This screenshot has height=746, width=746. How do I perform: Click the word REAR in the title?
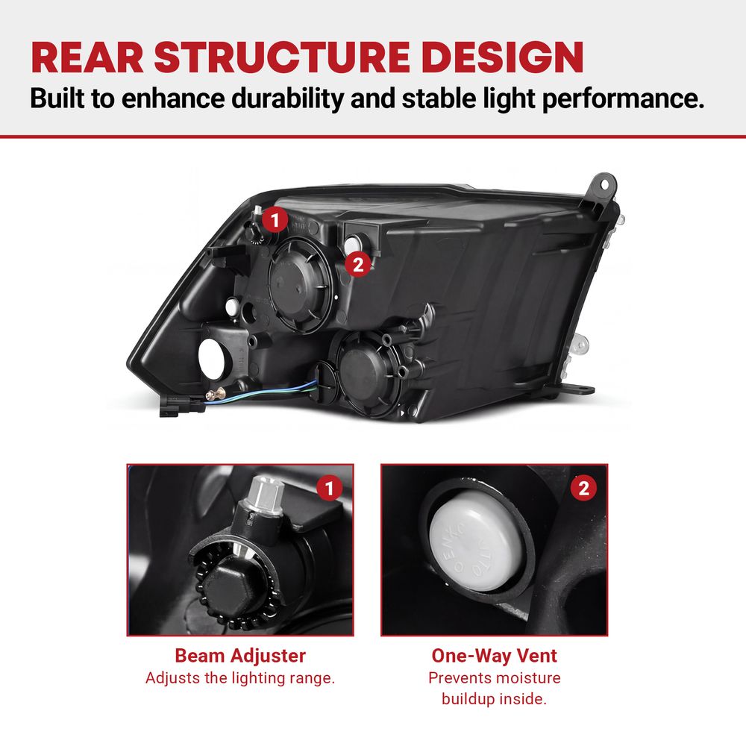(87, 57)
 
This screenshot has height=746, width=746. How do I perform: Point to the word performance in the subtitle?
(624, 98)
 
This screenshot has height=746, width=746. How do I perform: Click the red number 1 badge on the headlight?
(275, 220)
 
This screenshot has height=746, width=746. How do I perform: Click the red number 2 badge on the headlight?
(358, 264)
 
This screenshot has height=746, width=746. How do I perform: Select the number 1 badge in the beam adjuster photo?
(329, 487)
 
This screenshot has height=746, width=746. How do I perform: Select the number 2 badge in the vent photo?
(583, 487)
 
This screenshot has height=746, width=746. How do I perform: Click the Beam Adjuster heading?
(240, 656)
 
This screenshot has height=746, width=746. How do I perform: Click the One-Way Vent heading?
(494, 656)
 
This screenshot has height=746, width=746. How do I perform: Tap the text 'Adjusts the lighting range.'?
(240, 678)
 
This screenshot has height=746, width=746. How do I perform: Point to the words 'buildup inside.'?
(494, 699)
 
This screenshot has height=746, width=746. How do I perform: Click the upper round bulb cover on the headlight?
(300, 285)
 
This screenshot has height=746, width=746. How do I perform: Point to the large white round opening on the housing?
(213, 359)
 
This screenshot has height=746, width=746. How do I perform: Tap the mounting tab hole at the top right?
(604, 184)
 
